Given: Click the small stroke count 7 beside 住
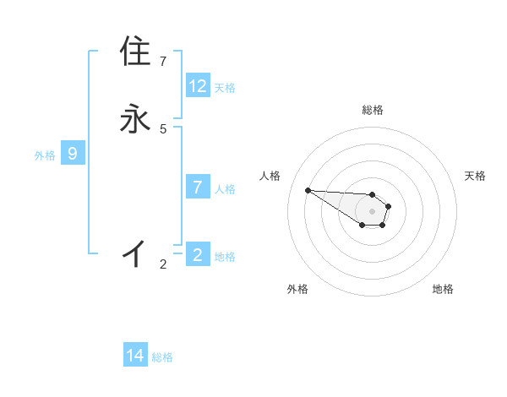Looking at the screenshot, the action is point(163,62).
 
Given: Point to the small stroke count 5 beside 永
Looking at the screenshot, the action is point(163,128).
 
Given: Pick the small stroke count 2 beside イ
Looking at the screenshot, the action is point(163,264).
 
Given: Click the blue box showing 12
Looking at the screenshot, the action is point(198,86).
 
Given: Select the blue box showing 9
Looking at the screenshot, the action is point(73,154).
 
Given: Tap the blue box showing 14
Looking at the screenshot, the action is point(135,356).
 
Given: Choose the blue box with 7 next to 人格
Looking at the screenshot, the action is point(198,188).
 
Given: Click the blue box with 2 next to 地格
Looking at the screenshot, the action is point(198,255).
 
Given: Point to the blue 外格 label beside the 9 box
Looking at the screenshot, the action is point(45,155).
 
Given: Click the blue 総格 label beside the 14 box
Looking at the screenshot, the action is point(162,357).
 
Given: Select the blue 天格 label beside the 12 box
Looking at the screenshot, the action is point(225,88).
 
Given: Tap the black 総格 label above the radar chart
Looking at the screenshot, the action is point(373,110).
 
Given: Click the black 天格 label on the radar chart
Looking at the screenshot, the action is point(475,176).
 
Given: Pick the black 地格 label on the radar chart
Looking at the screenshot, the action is point(443,289).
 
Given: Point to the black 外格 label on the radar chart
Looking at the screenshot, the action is point(297,289).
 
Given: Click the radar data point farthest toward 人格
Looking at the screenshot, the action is point(308,190).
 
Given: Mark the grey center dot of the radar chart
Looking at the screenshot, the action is point(372,211).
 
